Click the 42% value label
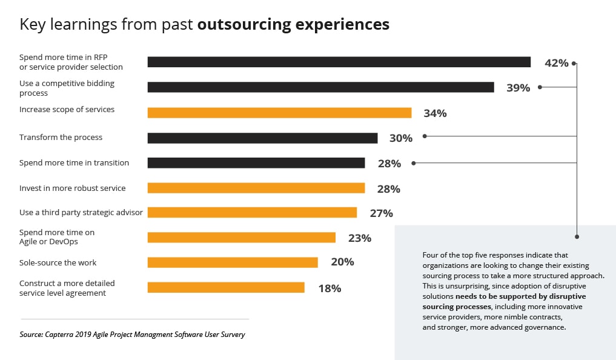(x=556, y=62)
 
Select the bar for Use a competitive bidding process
(x=320, y=87)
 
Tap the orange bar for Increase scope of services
(x=279, y=113)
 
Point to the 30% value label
(x=400, y=138)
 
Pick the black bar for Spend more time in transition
(x=256, y=163)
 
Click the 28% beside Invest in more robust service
(x=388, y=189)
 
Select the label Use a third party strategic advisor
(x=81, y=212)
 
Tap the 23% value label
(x=359, y=238)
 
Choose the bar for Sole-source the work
(x=233, y=262)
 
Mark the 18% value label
(x=330, y=288)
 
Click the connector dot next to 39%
(x=540, y=87)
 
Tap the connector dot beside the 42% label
(x=574, y=62)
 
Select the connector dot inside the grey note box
(x=577, y=236)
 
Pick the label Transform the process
(x=61, y=138)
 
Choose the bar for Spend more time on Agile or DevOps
(x=241, y=238)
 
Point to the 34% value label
(x=435, y=113)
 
